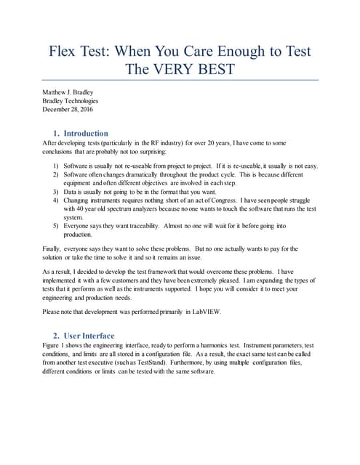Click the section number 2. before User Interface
[56, 336]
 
